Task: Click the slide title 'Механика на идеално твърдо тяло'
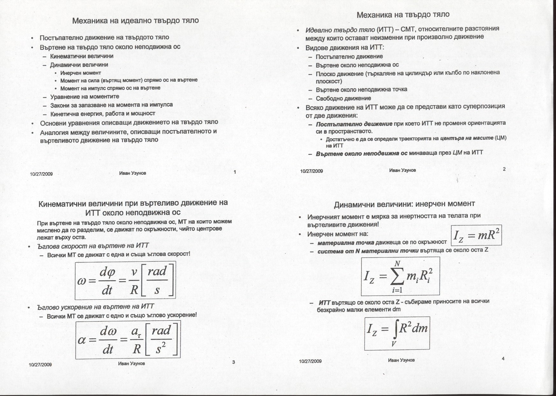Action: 135,21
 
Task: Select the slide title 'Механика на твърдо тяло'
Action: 403,15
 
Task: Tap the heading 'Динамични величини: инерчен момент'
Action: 404,204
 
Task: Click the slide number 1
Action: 235,172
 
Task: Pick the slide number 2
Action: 504,169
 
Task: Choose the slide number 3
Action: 234,362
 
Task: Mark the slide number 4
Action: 503,359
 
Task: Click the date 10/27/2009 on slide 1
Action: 41,174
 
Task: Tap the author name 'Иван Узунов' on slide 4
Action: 401,360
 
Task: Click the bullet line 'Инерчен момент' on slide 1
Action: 81,73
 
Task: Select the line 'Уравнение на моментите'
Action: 85,97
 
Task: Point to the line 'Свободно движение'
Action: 343,99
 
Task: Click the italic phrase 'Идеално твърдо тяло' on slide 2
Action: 340,30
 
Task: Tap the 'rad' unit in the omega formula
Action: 157,272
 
